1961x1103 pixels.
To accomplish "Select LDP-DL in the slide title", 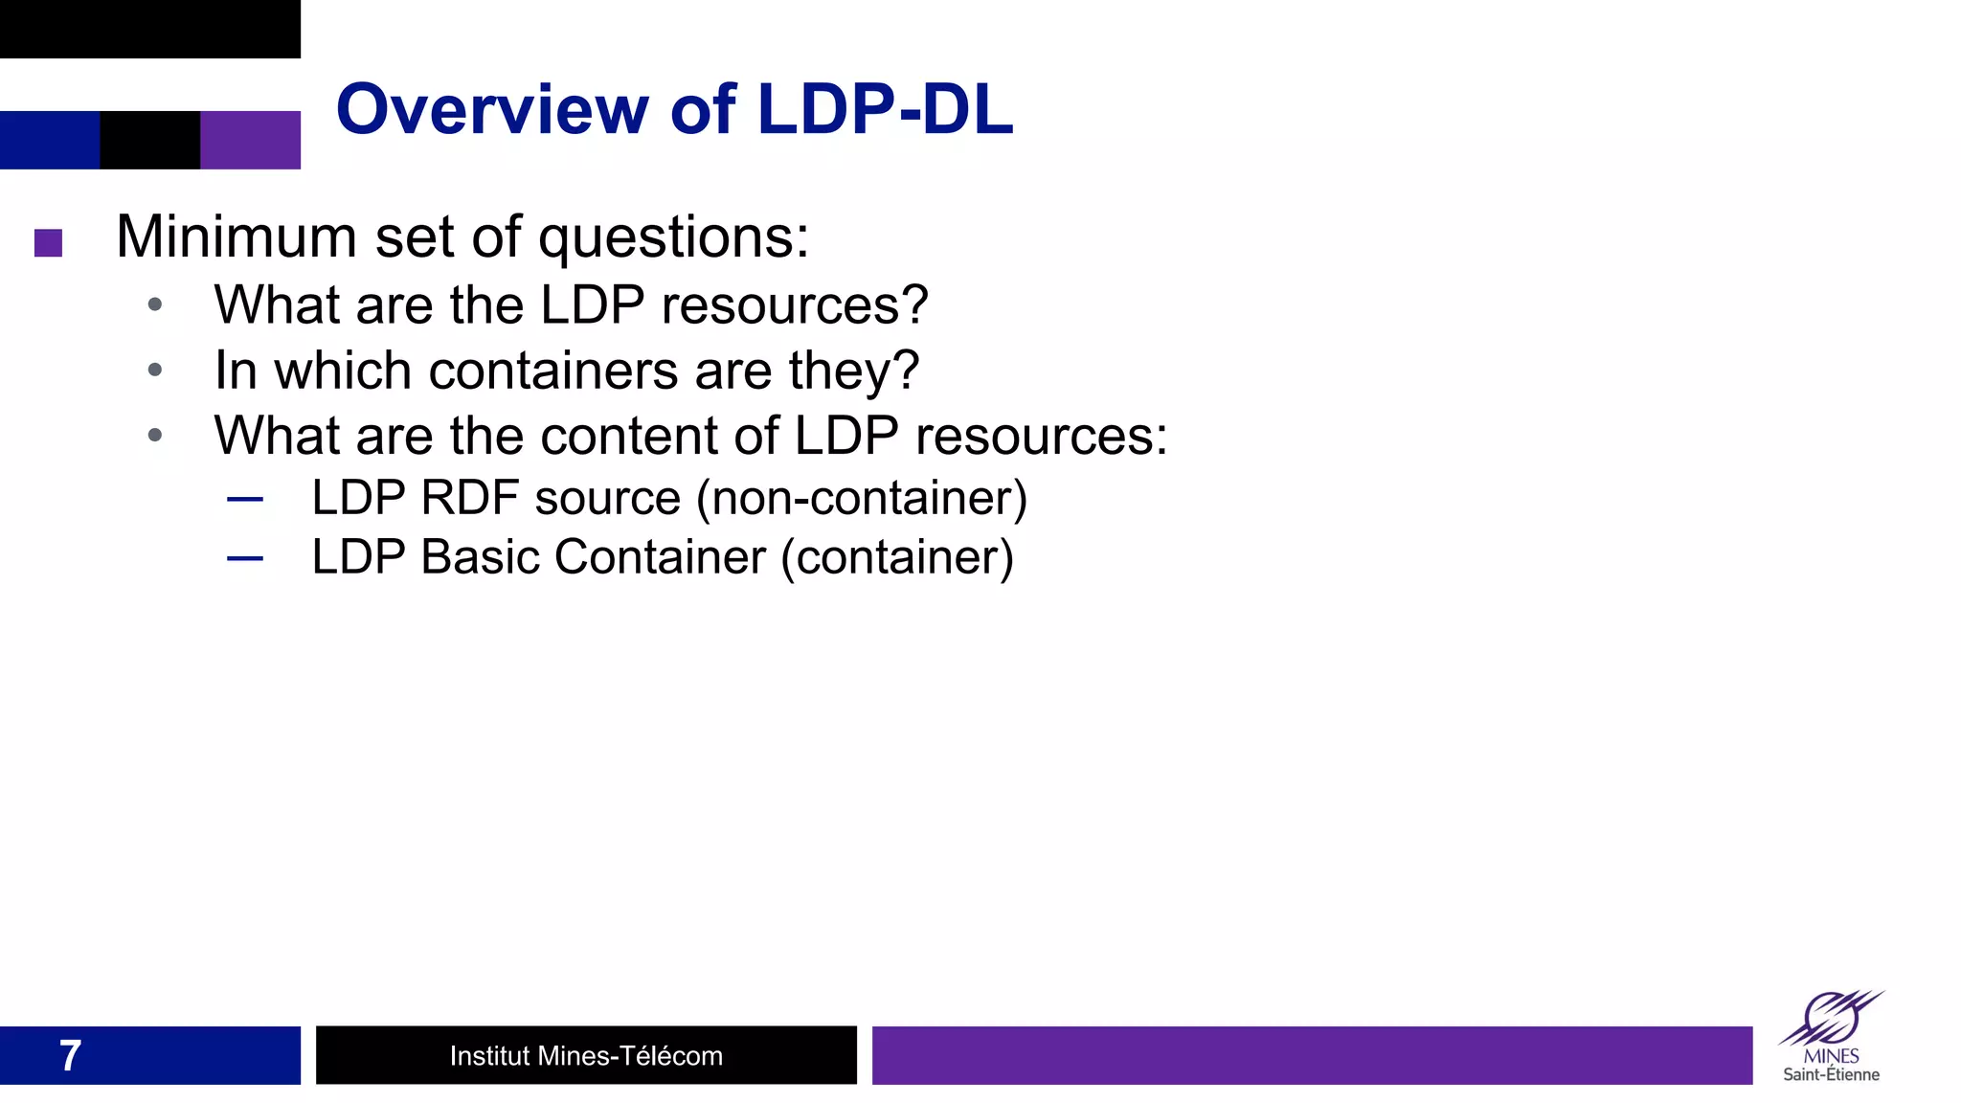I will tap(885, 109).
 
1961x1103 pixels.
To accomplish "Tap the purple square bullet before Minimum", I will tap(48, 242).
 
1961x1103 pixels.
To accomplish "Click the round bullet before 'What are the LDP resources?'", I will tap(155, 305).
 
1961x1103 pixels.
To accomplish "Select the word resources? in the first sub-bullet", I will tap(795, 306).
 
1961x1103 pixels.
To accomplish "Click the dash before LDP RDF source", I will tap(245, 499).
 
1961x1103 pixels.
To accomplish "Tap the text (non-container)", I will tap(862, 499).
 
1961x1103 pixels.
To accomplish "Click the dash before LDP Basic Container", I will tap(245, 558).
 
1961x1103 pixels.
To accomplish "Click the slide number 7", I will tap(70, 1056).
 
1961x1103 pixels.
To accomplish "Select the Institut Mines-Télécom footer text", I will tap(586, 1056).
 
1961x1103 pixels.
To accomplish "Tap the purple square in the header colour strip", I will tap(250, 140).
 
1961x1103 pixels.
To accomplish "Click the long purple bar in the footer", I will tap(1312, 1055).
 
